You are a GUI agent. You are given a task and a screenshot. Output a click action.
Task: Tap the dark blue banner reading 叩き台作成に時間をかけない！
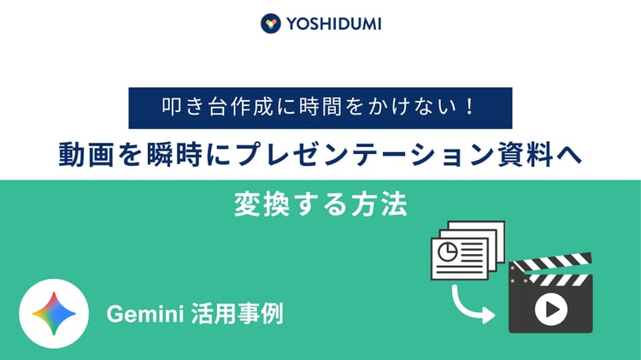coord(320,108)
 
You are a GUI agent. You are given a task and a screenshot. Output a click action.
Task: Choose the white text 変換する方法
coord(320,205)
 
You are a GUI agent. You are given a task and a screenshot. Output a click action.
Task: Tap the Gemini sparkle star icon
coord(56,314)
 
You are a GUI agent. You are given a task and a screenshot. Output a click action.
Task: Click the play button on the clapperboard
coord(550,309)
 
